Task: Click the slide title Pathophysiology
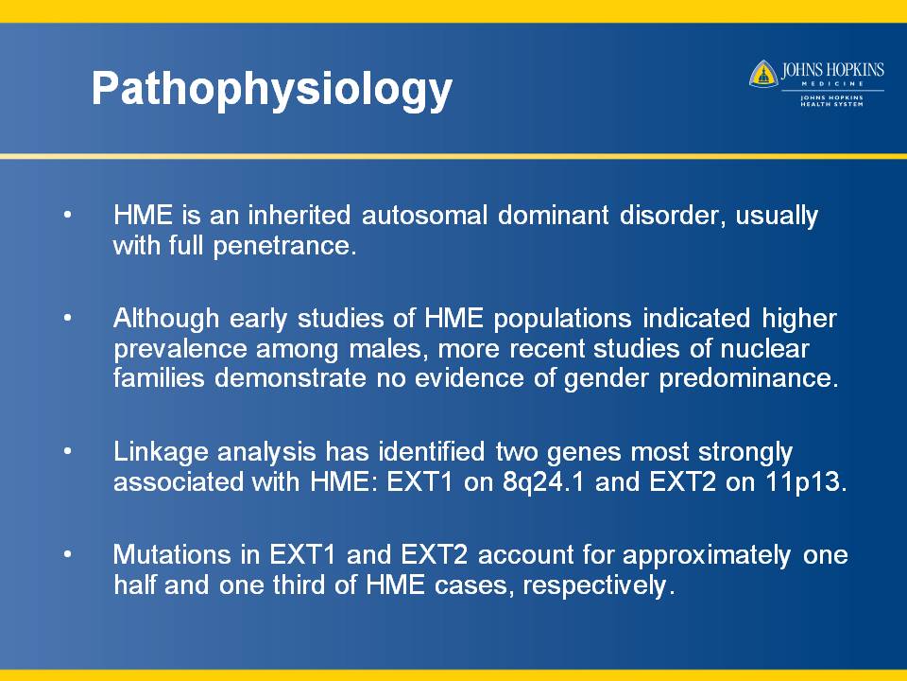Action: [x=272, y=89]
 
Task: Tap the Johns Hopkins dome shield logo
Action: [x=763, y=74]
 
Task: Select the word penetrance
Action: [x=284, y=246]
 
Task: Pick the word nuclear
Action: [x=764, y=349]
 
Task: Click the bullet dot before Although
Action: [x=68, y=318]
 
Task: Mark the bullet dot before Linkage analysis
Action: [x=68, y=451]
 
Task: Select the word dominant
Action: [x=553, y=215]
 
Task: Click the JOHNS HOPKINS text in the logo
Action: [x=832, y=70]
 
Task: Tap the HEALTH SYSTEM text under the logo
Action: [x=831, y=104]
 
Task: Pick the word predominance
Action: [x=748, y=378]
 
